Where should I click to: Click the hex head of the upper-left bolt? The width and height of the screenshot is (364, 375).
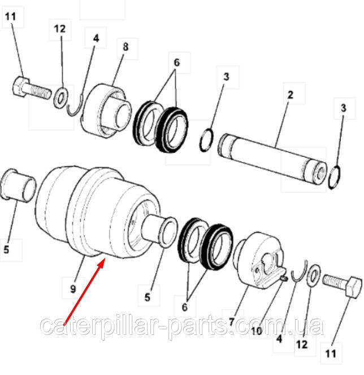(x=20, y=86)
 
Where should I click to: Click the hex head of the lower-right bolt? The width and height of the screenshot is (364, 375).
(x=353, y=287)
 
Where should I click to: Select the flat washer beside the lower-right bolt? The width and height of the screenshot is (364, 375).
(x=313, y=276)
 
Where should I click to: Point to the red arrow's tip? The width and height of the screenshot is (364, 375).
(x=104, y=259)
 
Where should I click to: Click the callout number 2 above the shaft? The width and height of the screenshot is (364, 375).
(x=290, y=95)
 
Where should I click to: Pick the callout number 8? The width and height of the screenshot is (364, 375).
(x=125, y=47)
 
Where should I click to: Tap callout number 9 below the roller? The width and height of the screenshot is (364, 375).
(x=73, y=289)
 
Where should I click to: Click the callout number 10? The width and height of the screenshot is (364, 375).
(x=257, y=331)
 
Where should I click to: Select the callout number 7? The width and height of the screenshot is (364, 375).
(x=231, y=321)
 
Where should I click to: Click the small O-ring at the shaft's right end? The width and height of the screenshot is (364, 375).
(x=334, y=178)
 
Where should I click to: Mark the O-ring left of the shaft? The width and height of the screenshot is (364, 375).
(x=206, y=140)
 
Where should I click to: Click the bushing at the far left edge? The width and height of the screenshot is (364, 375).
(x=18, y=186)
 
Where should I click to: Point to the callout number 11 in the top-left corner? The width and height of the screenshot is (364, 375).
(x=10, y=17)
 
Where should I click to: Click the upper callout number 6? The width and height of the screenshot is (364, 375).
(x=176, y=63)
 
